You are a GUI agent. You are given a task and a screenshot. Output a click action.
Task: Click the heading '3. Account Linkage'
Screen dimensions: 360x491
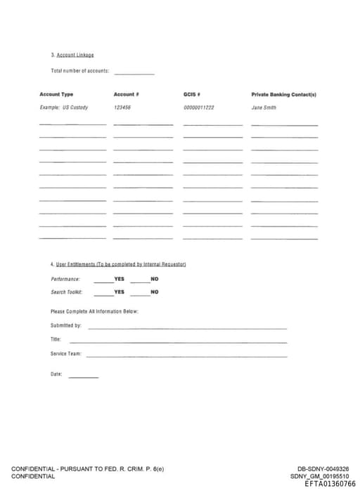(x=72, y=55)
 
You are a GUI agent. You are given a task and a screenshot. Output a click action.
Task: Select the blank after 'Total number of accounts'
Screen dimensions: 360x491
(x=134, y=72)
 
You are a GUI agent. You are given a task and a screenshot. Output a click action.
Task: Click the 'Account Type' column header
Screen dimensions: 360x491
(x=56, y=94)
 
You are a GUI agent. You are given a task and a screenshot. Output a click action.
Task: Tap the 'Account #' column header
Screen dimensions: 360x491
(x=126, y=94)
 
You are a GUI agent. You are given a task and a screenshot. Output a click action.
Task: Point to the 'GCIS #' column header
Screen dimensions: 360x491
(x=193, y=94)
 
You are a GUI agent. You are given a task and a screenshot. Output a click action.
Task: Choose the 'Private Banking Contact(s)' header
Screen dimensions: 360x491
(x=283, y=94)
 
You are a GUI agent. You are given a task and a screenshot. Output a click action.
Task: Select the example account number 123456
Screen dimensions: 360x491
(x=122, y=107)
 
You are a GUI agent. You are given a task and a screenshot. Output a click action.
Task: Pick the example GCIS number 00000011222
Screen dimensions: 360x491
(x=198, y=107)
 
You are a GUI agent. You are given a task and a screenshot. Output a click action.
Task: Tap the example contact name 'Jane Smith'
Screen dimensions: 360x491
(x=264, y=107)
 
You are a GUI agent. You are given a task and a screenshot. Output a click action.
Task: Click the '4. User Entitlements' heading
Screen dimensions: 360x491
(x=117, y=264)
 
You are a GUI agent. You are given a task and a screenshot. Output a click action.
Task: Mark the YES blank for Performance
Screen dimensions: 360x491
(x=103, y=280)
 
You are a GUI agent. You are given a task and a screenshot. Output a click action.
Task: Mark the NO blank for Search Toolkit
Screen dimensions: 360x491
(x=139, y=293)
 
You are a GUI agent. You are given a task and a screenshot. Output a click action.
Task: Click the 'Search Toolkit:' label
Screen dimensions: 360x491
(x=67, y=292)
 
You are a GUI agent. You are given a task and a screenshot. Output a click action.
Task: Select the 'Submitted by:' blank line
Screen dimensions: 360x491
(x=187, y=327)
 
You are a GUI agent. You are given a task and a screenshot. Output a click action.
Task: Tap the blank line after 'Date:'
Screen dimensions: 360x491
(x=83, y=376)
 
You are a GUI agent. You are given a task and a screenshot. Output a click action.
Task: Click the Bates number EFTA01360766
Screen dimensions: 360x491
(x=330, y=483)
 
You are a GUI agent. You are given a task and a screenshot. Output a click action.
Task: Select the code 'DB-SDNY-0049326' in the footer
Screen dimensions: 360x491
(x=323, y=469)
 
